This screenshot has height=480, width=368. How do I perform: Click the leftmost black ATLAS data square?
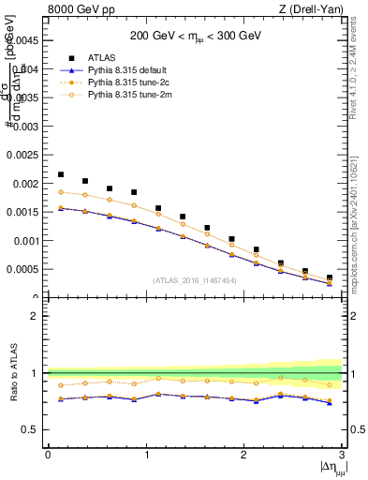(x=61, y=174)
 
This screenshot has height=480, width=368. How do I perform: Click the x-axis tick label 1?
(x=145, y=455)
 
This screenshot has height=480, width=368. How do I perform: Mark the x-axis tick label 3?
(x=342, y=455)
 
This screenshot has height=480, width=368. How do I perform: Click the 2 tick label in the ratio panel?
(x=37, y=316)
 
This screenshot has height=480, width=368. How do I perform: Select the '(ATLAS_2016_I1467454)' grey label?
(x=195, y=280)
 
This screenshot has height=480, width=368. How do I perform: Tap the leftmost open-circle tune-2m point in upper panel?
(x=61, y=191)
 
